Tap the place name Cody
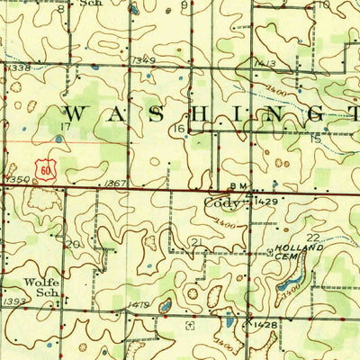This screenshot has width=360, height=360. (x=221, y=203)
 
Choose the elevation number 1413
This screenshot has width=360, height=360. (x=265, y=63)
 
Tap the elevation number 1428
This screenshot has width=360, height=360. (x=266, y=323)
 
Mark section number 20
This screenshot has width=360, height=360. (x=74, y=244)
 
